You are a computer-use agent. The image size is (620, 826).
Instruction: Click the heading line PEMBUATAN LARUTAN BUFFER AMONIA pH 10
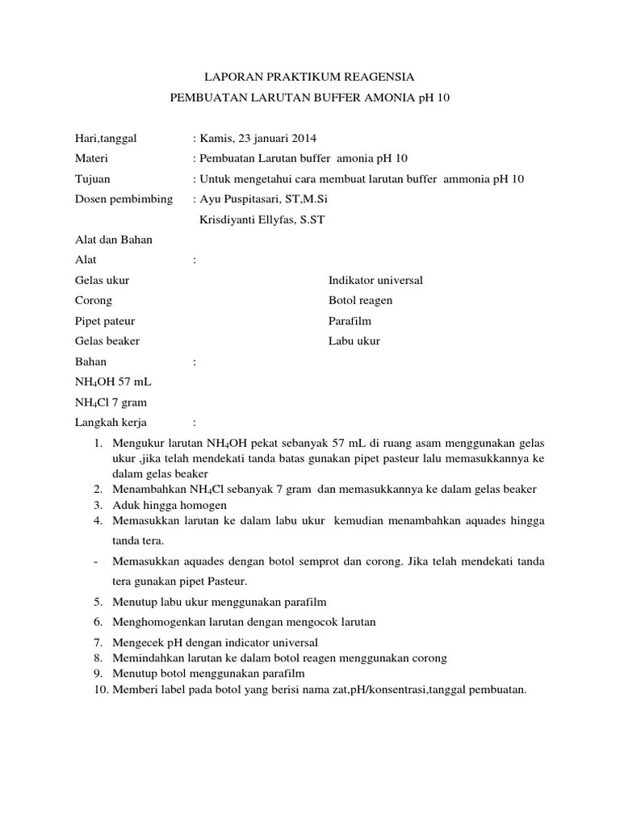point(309,98)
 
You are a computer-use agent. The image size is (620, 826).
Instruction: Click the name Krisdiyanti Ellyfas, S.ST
point(261,219)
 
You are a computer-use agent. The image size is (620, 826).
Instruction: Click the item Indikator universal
point(375,280)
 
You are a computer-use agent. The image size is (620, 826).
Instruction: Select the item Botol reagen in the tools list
point(360,300)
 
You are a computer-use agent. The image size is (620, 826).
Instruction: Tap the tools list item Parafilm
point(350,320)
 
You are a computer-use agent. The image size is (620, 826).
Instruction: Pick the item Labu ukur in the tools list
point(354,340)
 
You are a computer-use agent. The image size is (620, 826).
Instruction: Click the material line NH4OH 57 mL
point(113,382)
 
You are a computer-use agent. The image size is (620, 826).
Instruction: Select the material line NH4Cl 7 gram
point(111,402)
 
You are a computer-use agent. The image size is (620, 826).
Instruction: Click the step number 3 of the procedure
point(97,504)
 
